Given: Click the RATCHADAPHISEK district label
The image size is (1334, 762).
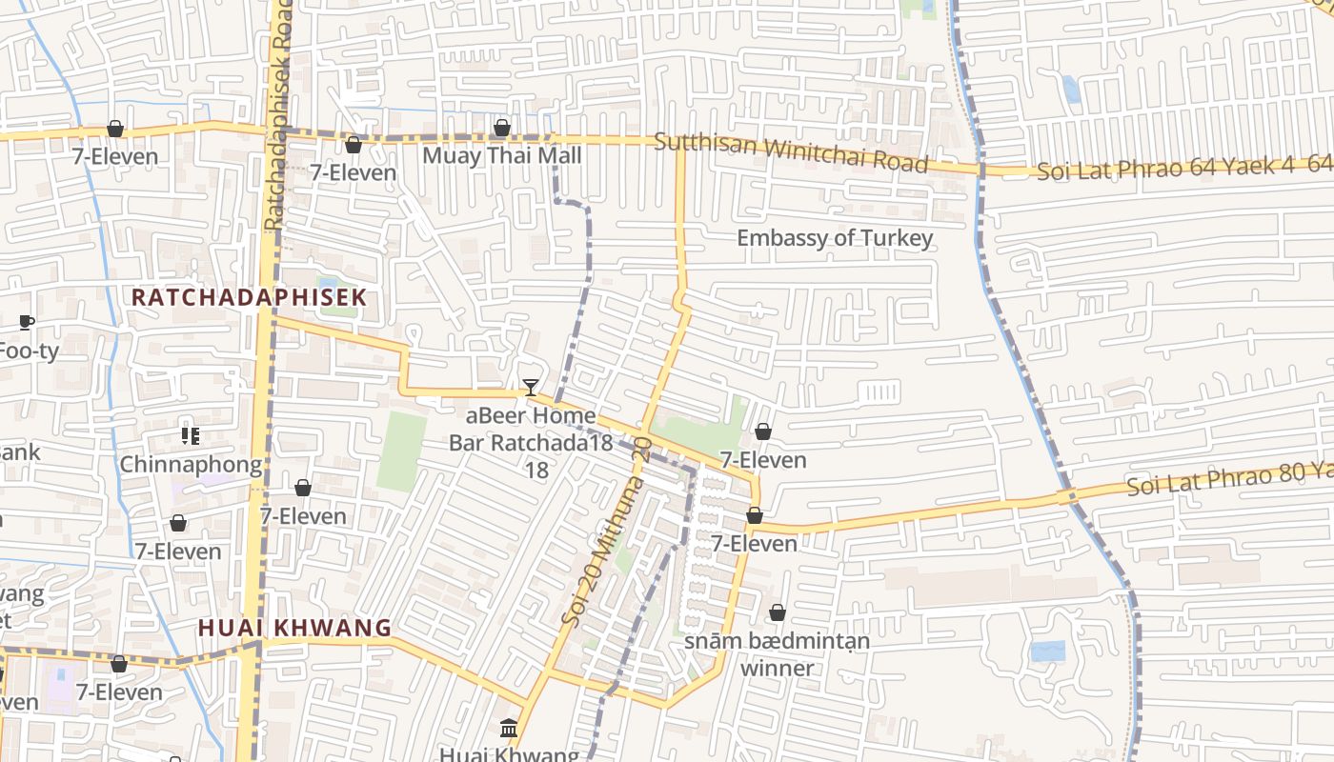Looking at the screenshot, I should coord(248,297).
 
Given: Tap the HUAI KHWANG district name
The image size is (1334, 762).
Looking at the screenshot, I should coord(294,628).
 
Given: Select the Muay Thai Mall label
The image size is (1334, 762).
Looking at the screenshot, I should coord(501,155).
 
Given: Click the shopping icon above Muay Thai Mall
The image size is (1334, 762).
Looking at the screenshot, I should coord(502,128).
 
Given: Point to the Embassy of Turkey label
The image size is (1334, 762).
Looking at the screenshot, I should coord(835,238).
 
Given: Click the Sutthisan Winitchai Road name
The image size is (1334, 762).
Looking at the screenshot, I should coord(791,152).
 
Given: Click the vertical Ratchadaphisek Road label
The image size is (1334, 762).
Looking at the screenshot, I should coord(276,114).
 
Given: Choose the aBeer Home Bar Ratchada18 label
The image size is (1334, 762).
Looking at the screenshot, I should coord(531,430).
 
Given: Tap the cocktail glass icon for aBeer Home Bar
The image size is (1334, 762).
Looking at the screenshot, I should coord(531,388).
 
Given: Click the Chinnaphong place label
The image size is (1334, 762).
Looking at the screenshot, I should coord(191,465).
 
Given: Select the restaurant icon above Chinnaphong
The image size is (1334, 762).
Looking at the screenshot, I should coord(191,436).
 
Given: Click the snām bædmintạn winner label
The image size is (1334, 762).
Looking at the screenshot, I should coord(778,653).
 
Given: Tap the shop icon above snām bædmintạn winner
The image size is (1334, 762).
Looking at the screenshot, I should coord(778,612).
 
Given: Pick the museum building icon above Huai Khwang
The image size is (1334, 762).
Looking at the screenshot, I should coord(509,729).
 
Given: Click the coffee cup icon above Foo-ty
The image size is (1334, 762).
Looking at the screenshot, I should coord(27,322).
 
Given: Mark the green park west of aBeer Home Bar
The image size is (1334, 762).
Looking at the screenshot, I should coord(401,451).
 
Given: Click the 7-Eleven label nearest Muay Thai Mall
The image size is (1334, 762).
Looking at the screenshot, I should coord(353,172).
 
